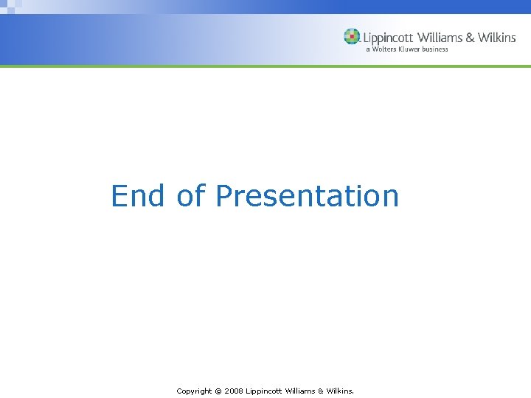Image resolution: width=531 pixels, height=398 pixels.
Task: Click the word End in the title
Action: tap(137, 196)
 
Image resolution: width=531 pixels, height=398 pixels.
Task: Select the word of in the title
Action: tap(190, 196)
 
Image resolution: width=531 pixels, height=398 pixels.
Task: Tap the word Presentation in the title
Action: tap(307, 196)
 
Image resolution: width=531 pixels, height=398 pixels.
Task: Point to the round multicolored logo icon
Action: tap(352, 37)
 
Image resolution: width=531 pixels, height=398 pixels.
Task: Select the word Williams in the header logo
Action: tap(440, 38)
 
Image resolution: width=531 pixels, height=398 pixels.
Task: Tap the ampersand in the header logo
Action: tap(471, 38)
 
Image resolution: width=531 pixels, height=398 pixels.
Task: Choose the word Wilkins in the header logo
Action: tap(497, 38)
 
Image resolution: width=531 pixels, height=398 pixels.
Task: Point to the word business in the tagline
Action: tap(436, 49)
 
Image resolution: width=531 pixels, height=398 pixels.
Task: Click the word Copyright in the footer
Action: tap(194, 391)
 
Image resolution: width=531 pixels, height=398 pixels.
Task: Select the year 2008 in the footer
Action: tap(233, 391)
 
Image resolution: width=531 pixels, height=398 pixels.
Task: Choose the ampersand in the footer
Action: tap(322, 391)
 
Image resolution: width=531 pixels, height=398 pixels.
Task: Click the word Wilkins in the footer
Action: tap(340, 391)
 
